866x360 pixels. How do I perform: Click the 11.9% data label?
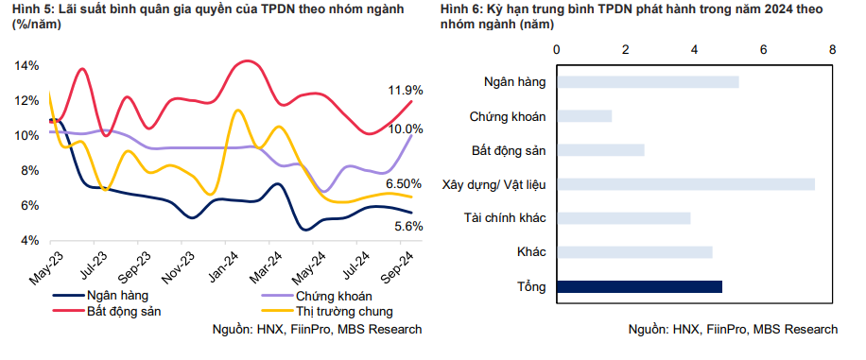(405, 90)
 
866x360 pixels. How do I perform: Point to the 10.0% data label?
(405, 129)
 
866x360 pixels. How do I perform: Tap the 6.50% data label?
(403, 183)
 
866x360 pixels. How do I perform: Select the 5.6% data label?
(407, 226)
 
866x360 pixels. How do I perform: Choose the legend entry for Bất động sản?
(123, 310)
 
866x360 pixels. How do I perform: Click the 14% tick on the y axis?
(26, 66)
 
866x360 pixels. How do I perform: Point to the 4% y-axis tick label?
(29, 241)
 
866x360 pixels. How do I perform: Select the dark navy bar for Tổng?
(639, 287)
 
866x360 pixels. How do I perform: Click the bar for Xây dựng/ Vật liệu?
(685, 184)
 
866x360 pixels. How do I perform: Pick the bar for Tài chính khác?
(623, 218)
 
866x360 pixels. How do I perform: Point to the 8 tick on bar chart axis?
(832, 48)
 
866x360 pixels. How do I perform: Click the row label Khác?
(531, 252)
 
